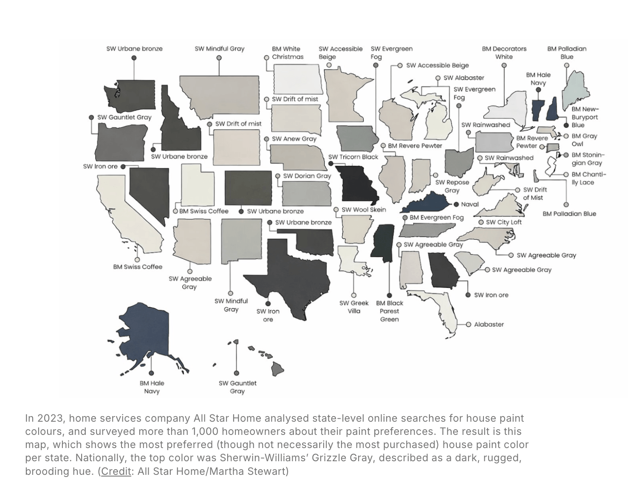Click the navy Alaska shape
point(147,332)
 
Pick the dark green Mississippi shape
point(383,240)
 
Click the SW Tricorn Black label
point(353,157)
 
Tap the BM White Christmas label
point(288,53)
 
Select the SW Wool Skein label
point(364,210)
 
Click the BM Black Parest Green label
point(389,311)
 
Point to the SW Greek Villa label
point(354,307)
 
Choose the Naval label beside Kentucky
point(470,204)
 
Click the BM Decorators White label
point(504,53)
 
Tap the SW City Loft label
point(503,222)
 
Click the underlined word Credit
point(116,471)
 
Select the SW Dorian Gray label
point(307,176)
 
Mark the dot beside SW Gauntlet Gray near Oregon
point(91,117)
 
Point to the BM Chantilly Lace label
point(588,178)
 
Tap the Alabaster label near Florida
point(489,324)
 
